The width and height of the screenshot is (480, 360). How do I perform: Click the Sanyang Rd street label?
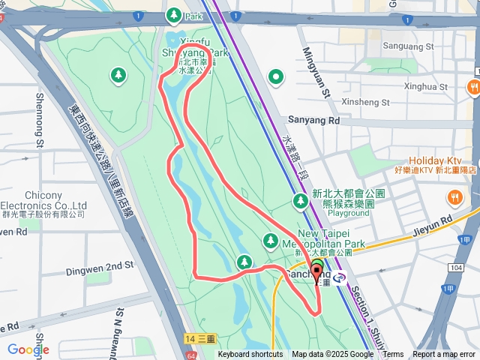coord(313,120)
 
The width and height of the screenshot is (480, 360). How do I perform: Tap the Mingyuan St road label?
coord(316,72)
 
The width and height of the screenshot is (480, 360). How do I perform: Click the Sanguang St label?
coord(409,46)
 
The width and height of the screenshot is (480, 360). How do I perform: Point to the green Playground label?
coord(347,213)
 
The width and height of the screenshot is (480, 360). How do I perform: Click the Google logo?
coord(28,349)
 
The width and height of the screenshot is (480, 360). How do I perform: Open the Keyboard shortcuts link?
coord(250,355)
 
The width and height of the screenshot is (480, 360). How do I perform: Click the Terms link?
coord(393,355)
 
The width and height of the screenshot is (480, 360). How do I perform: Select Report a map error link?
coord(445,355)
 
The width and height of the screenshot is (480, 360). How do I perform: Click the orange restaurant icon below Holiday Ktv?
coord(454,198)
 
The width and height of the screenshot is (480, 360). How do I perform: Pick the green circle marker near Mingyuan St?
coord(277,76)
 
